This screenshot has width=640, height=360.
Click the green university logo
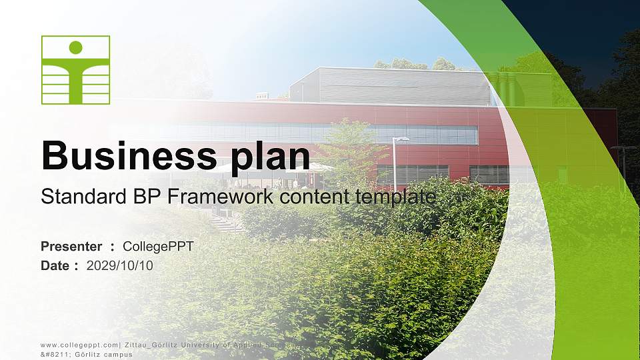click(x=75, y=70)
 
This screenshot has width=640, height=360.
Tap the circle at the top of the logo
click(x=75, y=47)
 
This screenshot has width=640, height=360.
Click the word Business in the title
click(x=125, y=156)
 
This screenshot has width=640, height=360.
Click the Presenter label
click(x=71, y=247)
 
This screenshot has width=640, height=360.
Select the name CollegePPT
click(x=158, y=247)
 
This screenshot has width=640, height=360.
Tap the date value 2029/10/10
click(x=120, y=265)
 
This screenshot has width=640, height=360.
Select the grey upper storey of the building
click(x=393, y=86)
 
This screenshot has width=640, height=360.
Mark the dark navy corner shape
click(x=587, y=27)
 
